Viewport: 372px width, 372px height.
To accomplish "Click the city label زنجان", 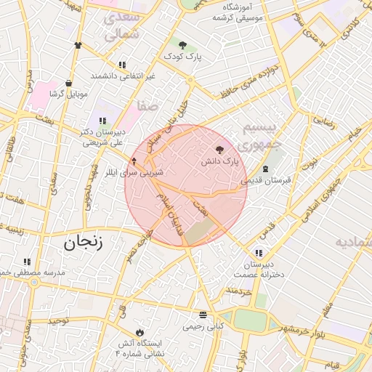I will coord(83,243).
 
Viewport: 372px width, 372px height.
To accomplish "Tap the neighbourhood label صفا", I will coord(146,106).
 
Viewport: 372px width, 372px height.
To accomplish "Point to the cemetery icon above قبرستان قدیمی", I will coord(264,169).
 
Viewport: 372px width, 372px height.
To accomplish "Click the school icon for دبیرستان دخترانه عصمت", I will coord(259,253).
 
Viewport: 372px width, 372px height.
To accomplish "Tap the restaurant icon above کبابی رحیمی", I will coord(203,315).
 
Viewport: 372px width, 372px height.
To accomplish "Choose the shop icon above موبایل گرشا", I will coord(68,84).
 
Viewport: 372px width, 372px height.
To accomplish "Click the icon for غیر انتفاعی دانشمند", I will coord(122,65).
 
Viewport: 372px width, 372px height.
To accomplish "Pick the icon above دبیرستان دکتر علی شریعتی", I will coord(102,121).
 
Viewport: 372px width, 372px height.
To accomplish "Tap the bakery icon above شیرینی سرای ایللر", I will coord(134,161).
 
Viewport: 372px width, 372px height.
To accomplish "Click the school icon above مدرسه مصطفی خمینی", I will coord(27,262).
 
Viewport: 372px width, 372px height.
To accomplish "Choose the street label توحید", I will coord(57,320).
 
